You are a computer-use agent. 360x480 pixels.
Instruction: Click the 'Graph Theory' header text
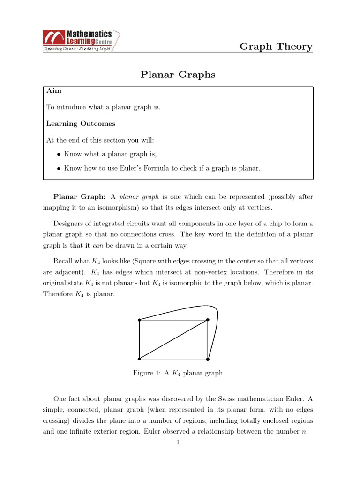pos(276,46)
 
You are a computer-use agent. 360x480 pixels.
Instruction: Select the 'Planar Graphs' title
pos(178,75)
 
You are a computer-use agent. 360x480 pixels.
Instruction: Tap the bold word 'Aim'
pos(54,90)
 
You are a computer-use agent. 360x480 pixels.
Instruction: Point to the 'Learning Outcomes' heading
pos(81,124)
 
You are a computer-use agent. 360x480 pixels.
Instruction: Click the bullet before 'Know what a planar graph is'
pos(58,154)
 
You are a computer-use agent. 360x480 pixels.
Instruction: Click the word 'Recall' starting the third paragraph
pos(63,261)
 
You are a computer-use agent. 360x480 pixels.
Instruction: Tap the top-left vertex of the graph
pos(139,320)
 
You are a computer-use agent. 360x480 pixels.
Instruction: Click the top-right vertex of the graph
pos(208,320)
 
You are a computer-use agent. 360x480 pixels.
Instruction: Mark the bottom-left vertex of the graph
pos(139,359)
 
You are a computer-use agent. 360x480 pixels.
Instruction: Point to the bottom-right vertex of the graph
pos(208,359)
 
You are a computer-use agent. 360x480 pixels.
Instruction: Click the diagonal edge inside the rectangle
pos(173,340)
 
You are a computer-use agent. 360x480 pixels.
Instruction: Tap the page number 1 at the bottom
pos(178,442)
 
